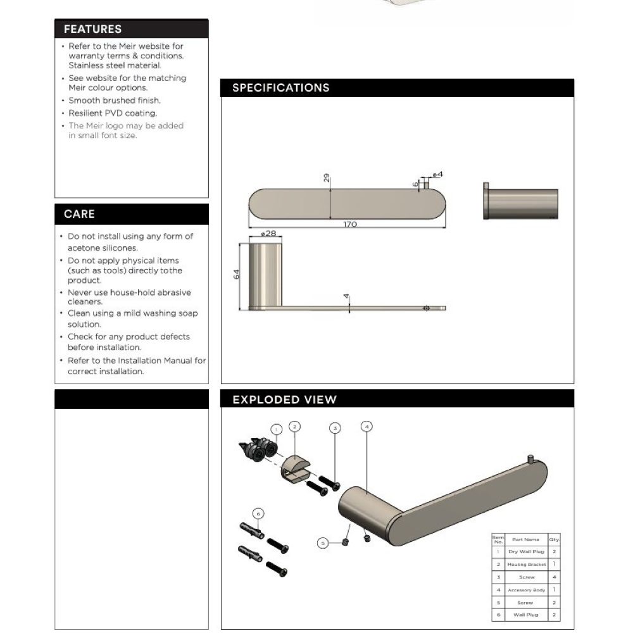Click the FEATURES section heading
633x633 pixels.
pos(92,29)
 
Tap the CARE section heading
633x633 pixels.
pos(79,214)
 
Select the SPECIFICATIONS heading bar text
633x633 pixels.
pos(280,88)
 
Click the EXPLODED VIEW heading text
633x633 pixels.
pos(284,399)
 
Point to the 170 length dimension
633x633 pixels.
pos(350,225)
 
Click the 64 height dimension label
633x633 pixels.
pos(237,274)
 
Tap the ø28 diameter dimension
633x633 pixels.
pos(268,234)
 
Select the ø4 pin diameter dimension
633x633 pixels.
pos(437,174)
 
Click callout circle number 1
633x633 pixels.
pos(275,429)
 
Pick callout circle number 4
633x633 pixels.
pos(367,427)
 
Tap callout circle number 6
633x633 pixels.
pos(258,513)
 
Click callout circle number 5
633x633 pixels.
pos(323,542)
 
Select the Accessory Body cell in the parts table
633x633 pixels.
pos(526,590)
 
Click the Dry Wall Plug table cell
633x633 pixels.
pos(526,552)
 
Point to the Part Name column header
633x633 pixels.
pos(526,539)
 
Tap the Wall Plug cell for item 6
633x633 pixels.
pos(526,615)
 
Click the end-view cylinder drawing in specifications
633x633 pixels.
pos(521,204)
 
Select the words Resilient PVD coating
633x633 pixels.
pos(113,113)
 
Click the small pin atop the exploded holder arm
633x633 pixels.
pos(530,458)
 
